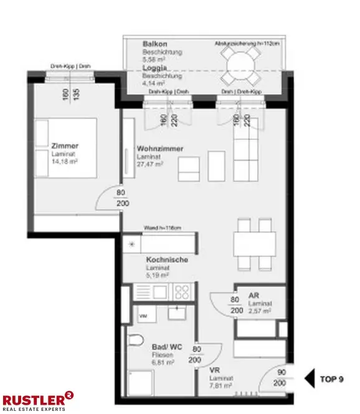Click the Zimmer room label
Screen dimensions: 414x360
(x=65, y=146)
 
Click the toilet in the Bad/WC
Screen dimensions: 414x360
(x=135, y=341)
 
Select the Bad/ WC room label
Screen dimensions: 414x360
(x=166, y=346)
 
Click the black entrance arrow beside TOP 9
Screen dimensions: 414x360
(x=310, y=379)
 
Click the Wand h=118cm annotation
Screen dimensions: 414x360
(x=162, y=228)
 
